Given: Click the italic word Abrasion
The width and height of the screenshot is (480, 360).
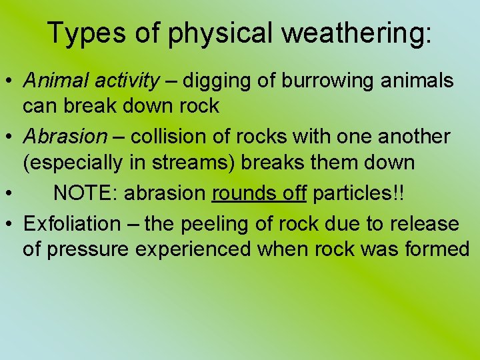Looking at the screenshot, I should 65,137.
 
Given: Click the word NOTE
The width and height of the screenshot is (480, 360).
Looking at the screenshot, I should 82,193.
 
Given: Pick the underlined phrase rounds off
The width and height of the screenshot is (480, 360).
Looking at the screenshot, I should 259,193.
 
